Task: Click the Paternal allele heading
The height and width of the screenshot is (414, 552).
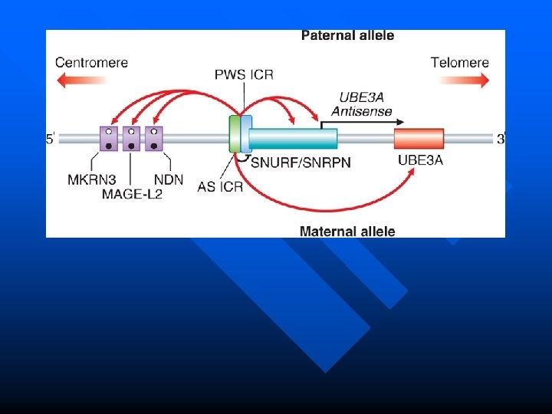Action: pos(347,35)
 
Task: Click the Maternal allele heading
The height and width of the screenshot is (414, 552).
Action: pos(347,231)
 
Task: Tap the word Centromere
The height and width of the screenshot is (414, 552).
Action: pos(91,62)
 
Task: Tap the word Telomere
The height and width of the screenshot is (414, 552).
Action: pos(459,62)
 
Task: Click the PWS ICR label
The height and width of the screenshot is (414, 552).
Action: pos(244,74)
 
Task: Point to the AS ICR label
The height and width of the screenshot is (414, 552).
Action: pos(220,186)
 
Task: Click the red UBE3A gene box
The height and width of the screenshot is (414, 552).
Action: pos(419,139)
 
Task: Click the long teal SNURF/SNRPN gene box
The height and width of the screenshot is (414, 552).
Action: pos(294,139)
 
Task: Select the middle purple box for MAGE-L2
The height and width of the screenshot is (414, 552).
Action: pos(131,139)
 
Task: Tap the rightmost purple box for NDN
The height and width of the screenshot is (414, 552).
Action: pos(153,139)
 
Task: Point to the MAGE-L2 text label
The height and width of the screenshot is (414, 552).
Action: pos(132,195)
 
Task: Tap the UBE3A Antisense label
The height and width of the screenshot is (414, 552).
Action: pos(363,103)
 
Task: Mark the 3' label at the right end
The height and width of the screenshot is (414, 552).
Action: pos(501,139)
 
